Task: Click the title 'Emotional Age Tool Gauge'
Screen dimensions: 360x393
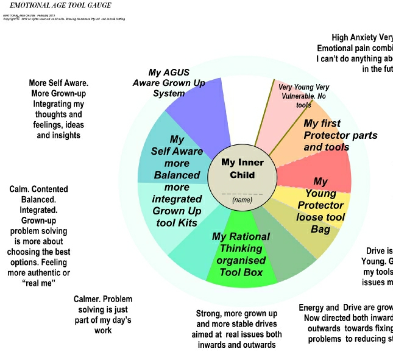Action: coord(60,5)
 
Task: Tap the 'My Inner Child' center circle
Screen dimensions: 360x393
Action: coord(238,168)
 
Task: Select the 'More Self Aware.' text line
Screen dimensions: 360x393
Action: coord(58,83)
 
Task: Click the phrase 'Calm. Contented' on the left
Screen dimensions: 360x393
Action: coord(39,189)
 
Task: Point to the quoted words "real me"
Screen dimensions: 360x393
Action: coord(40,283)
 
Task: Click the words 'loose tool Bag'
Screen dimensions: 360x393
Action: coord(320,223)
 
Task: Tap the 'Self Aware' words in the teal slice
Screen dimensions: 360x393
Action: coord(177,151)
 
